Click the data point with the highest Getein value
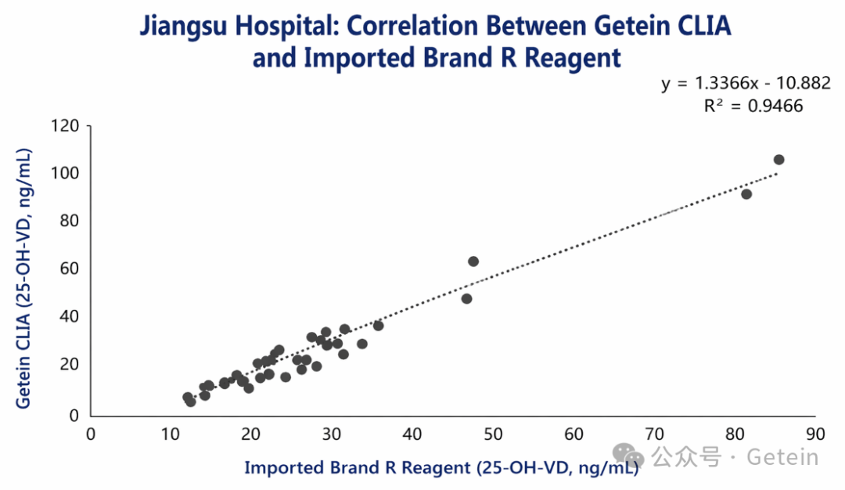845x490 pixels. [x=778, y=160]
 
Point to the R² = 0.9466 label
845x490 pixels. [x=753, y=106]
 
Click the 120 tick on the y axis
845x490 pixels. [x=66, y=125]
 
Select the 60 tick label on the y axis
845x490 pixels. [x=70, y=268]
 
